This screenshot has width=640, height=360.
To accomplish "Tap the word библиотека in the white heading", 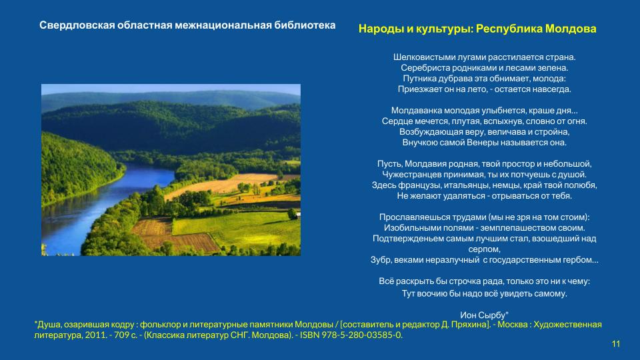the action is point(305,25).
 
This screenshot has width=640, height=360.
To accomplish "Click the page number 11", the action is point(616,344).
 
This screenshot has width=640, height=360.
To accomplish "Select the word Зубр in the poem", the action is point(381,260).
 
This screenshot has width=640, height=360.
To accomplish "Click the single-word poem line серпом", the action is point(484,249).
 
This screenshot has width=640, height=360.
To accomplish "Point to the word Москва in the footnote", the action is point(512,325).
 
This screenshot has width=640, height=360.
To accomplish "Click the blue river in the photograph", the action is point(94,200).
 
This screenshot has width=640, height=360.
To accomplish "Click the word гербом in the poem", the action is point(580,260).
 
